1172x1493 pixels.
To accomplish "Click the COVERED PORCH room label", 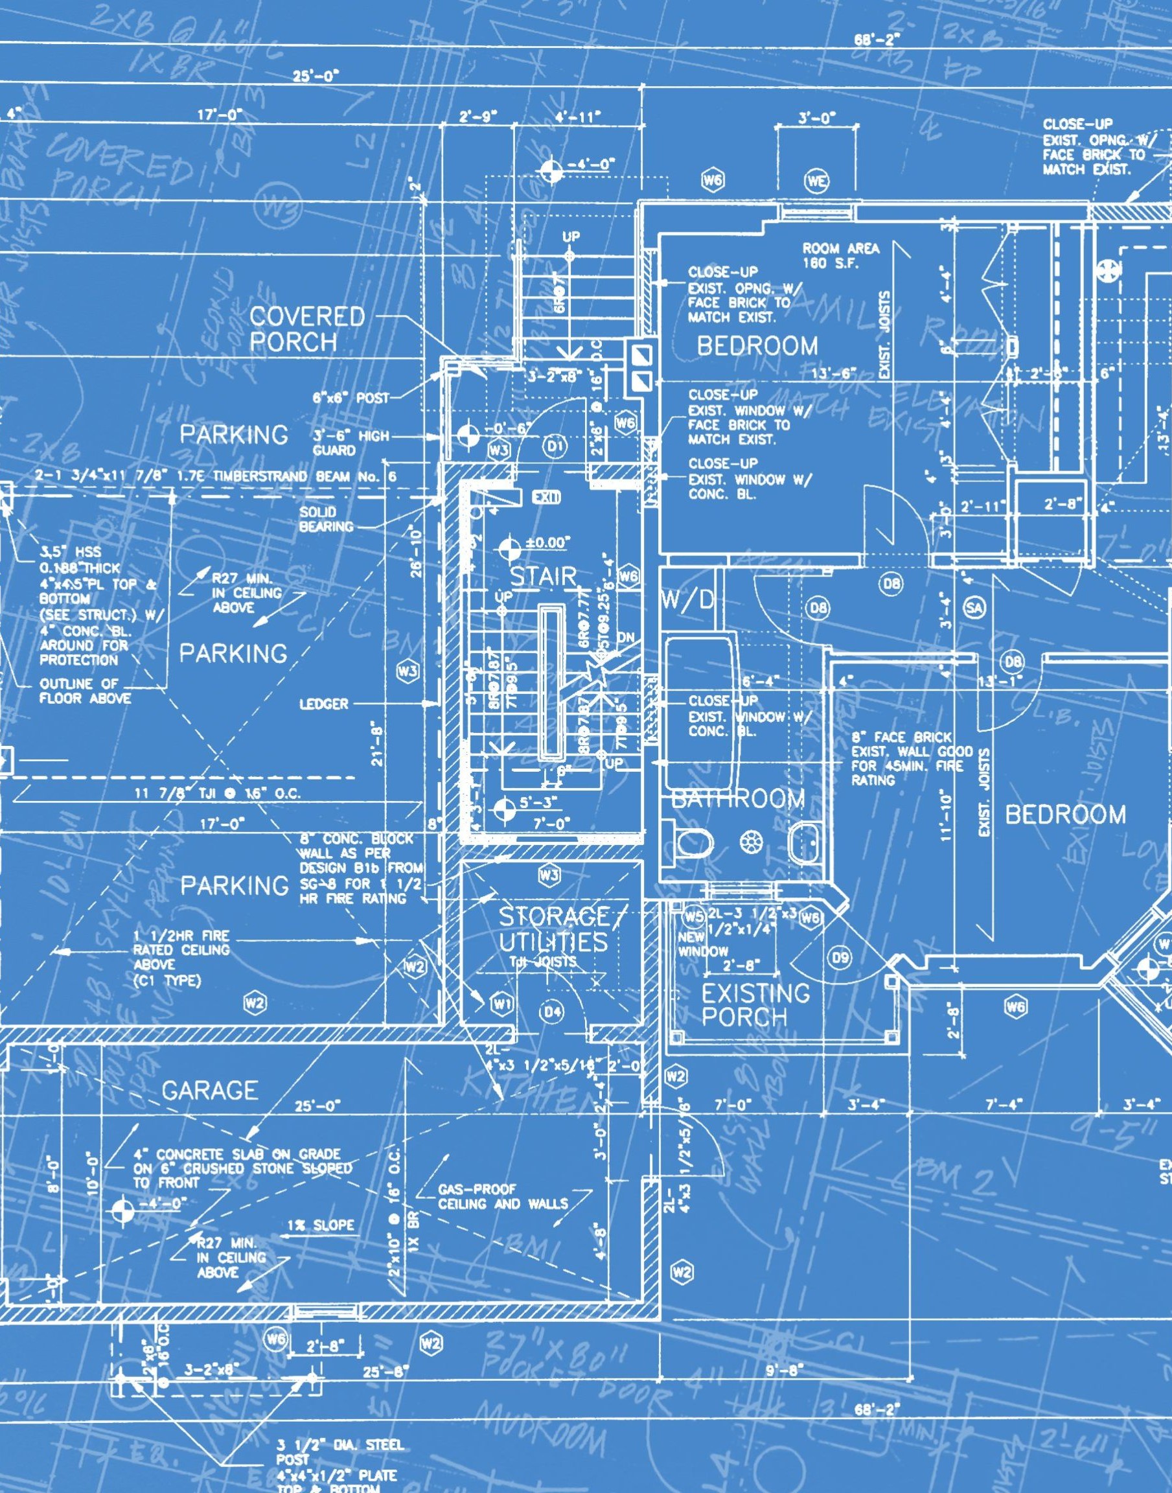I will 306,329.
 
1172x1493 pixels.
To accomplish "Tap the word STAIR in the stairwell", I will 544,576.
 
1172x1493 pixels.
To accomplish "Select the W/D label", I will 687,599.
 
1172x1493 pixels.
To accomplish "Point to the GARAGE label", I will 210,1089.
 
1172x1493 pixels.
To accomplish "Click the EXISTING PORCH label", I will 755,1005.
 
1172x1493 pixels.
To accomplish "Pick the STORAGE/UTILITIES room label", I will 553,929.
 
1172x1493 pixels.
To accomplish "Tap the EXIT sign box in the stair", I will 546,498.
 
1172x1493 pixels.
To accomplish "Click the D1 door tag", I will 555,447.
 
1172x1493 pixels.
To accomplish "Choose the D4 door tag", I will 553,1011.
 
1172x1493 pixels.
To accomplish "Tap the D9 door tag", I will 840,957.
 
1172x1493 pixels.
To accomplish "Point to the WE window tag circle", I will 816,181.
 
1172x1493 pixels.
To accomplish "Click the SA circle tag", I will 974,607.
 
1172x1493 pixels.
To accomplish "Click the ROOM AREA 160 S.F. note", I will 840,255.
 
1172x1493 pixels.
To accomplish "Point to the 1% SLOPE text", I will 321,1225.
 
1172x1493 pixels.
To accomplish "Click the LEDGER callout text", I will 324,703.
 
